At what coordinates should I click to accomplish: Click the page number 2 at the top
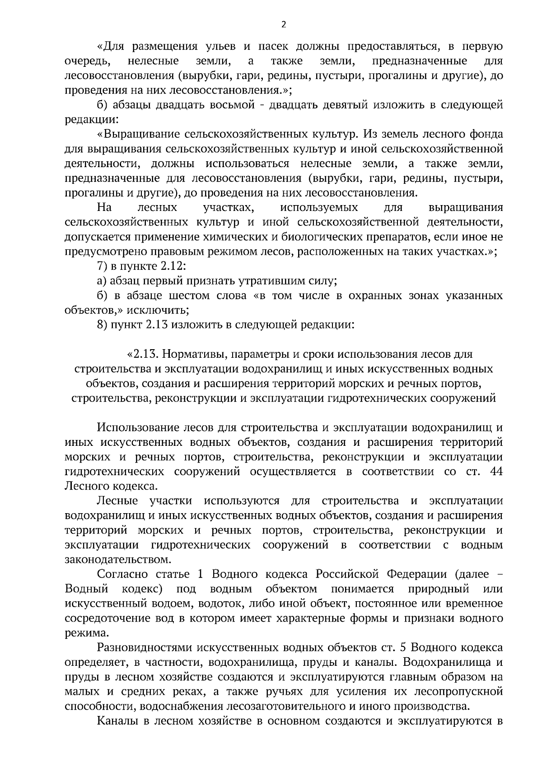tap(284, 25)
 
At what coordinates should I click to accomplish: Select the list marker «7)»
tap(103, 267)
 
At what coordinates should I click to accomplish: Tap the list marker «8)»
tap(103, 325)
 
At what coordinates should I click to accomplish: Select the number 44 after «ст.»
tap(496, 472)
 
